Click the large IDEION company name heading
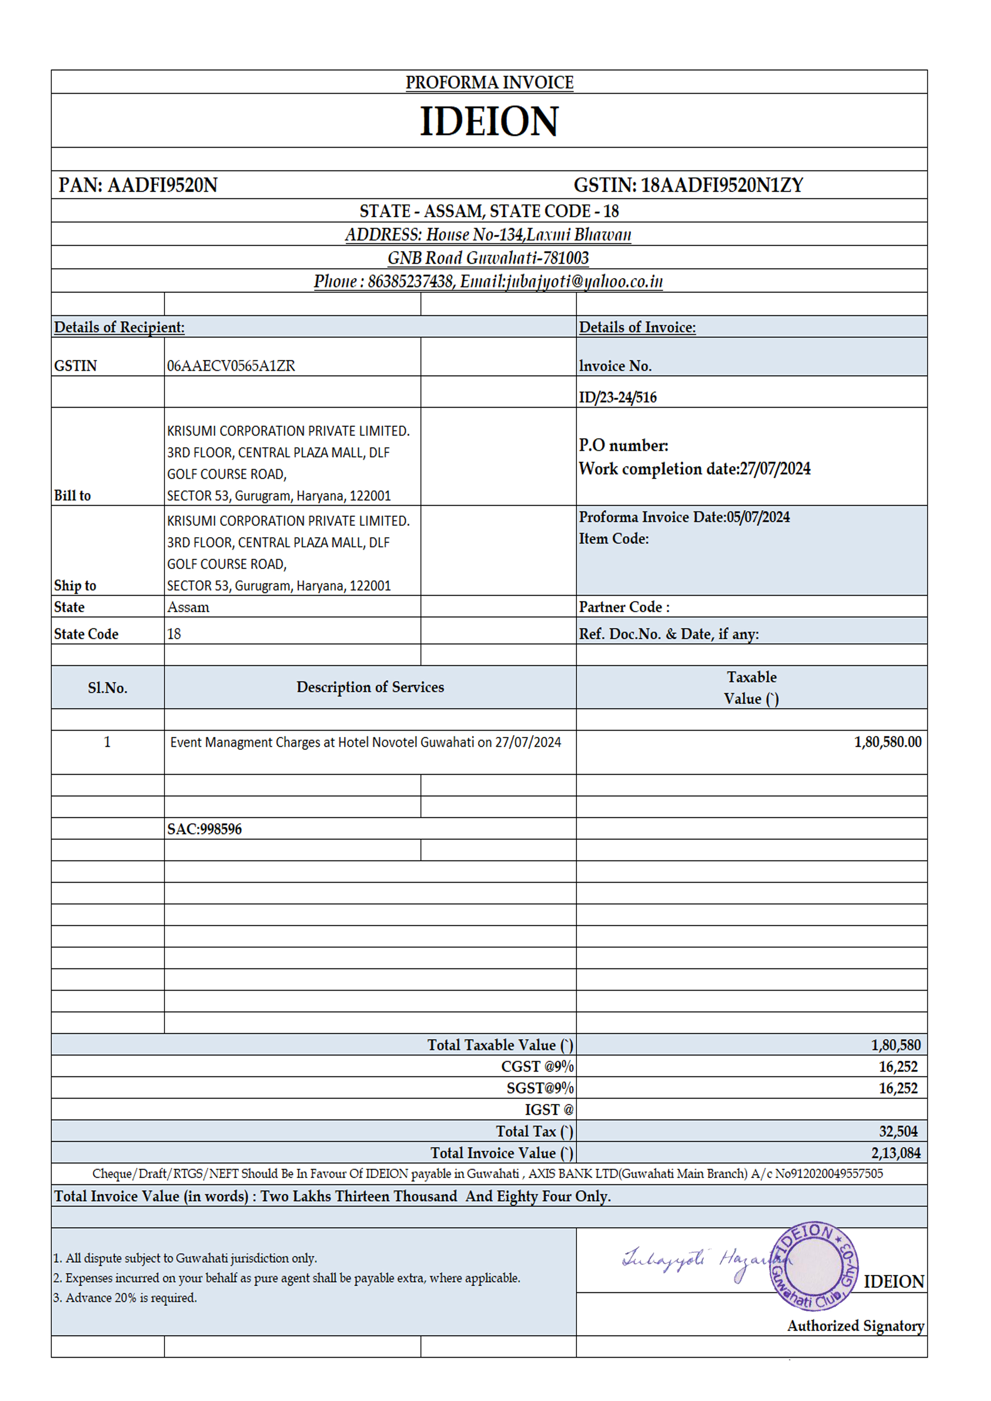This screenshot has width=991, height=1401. point(489,121)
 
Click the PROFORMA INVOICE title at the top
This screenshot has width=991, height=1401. point(489,82)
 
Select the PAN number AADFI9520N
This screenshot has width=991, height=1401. point(162,185)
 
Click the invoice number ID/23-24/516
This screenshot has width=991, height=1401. point(617,398)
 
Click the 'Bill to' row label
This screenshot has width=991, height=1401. point(72,496)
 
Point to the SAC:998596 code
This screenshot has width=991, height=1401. point(205,829)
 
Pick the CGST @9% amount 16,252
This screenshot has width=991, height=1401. point(897,1067)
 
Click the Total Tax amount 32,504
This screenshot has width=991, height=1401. point(897,1132)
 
